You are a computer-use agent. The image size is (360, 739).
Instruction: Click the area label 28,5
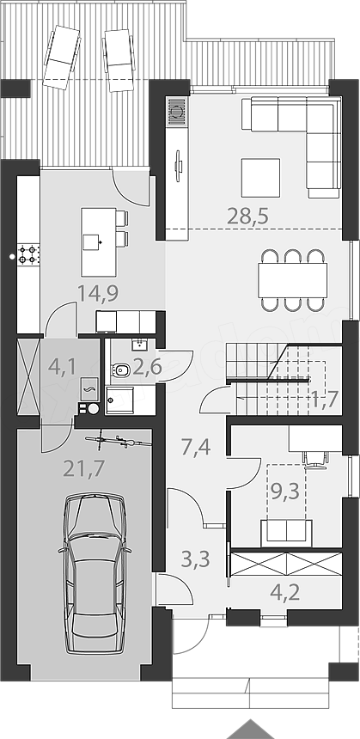point(247,217)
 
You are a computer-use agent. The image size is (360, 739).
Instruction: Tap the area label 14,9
point(98,293)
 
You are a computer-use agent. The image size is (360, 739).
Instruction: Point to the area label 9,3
point(285,492)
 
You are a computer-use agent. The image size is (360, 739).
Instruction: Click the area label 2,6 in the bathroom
point(147,367)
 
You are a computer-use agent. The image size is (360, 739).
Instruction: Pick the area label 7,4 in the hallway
point(196,446)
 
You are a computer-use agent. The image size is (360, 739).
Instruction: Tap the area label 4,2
point(285,592)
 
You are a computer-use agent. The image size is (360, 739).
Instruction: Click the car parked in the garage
point(95,572)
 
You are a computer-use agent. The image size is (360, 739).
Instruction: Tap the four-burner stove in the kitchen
point(28,253)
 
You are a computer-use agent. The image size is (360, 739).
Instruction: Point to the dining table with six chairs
point(293,280)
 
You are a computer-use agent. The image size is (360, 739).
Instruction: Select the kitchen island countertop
point(99,241)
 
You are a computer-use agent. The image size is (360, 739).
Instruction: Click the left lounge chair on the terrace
point(62,57)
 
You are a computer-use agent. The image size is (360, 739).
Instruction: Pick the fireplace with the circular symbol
point(177,111)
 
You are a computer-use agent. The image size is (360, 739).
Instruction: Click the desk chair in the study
point(314,459)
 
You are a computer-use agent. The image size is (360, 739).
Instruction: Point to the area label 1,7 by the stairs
point(324,400)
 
